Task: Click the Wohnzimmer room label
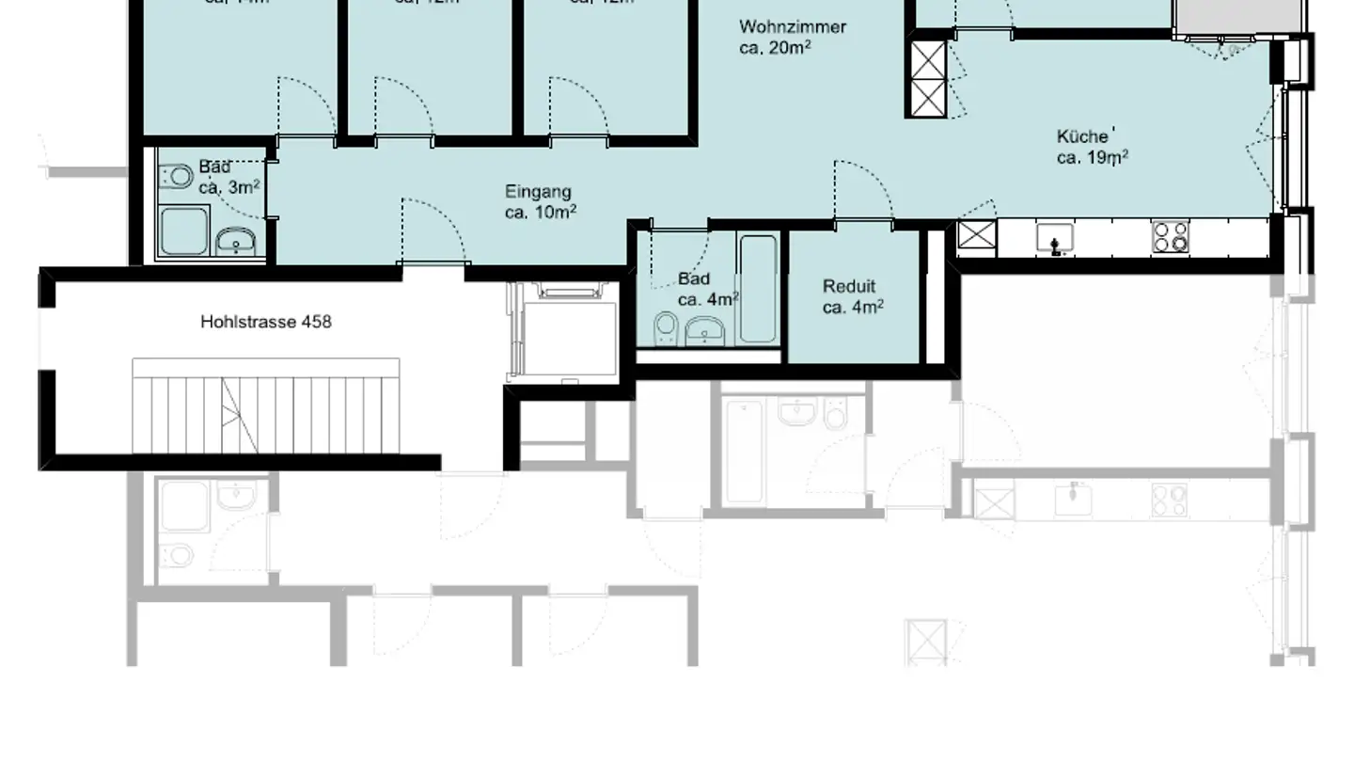(x=793, y=26)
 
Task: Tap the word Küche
(x=1082, y=137)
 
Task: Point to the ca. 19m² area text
(x=1092, y=158)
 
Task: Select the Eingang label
(x=538, y=192)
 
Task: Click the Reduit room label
(x=849, y=287)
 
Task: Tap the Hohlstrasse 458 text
(x=266, y=322)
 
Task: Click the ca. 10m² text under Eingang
(x=541, y=213)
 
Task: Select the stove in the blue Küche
(x=1170, y=237)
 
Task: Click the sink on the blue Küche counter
(x=1055, y=239)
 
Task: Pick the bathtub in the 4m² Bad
(x=758, y=288)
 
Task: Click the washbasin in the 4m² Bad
(x=705, y=330)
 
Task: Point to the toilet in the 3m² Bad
(x=176, y=177)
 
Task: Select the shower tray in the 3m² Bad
(x=183, y=230)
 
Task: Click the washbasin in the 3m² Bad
(x=235, y=243)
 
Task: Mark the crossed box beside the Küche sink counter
(x=977, y=235)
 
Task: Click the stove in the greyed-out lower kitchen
(x=1169, y=500)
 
